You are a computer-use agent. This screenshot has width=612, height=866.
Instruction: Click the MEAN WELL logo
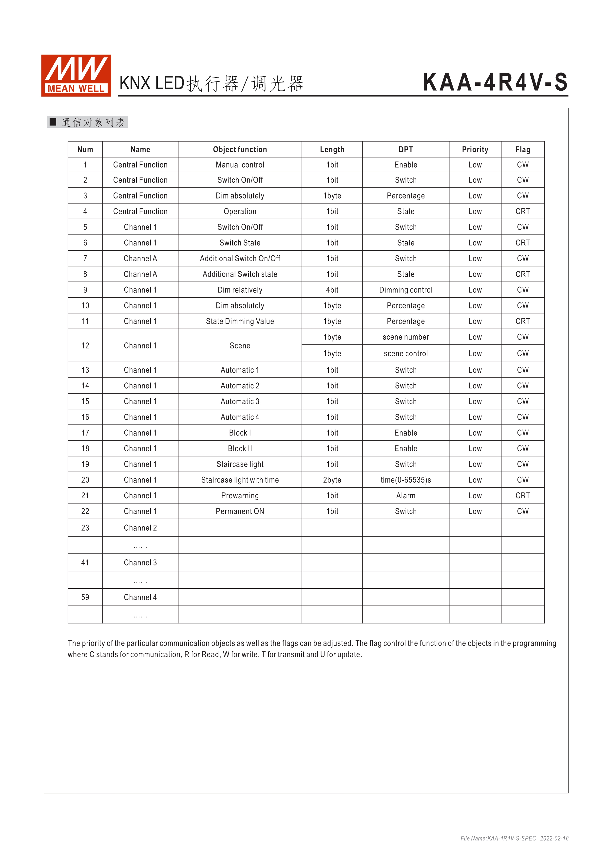point(76,75)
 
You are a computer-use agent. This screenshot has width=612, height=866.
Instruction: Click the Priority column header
point(475,149)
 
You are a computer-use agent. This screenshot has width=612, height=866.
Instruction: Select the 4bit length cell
point(332,290)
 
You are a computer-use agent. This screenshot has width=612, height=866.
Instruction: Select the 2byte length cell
point(332,480)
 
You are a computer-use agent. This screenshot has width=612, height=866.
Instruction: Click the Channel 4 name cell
point(140,597)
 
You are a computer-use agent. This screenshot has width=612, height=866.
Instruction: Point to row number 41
point(85,563)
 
